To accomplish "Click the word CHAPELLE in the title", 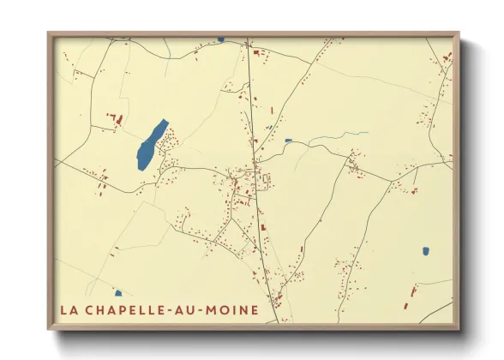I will pos(125,309).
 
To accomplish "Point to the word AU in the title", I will pos(186,309).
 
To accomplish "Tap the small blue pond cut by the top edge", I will pos(220,39).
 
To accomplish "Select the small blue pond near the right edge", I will pos(425,251).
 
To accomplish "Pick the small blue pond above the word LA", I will pos(117,293).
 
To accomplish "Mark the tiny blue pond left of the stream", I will pos(288,141).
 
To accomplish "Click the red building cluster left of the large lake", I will pos(115,120).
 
